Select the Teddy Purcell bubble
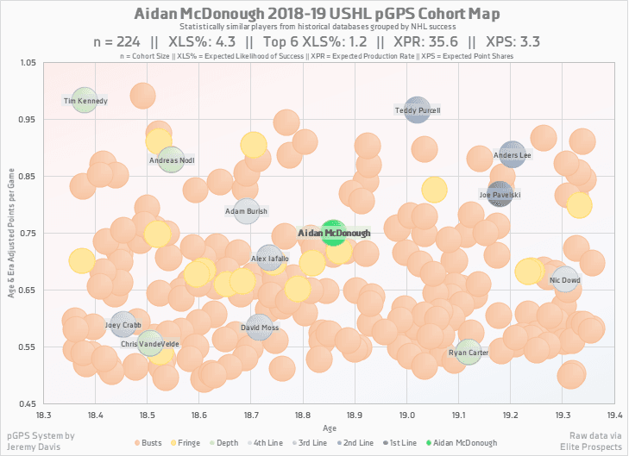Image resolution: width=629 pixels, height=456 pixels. pos(418,109)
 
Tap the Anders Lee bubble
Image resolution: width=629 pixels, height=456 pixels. pos(513,155)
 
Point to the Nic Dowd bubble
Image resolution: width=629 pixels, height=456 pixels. pos(565,279)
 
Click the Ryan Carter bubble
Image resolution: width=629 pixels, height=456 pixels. pos(469,352)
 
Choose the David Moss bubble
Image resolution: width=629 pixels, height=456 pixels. pos(260,328)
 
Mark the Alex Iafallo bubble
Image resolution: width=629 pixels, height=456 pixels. pos(269,258)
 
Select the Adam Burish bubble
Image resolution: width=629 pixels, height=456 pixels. pos(248,210)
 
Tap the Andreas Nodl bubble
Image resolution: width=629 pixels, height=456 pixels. pos(172,159)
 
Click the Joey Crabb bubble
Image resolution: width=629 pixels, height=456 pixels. pos(123,325)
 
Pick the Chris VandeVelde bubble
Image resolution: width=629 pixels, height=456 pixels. pos(150,344)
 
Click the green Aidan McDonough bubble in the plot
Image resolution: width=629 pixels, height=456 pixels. pos(333,233)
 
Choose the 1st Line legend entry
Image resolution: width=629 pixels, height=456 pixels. pos(399,442)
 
